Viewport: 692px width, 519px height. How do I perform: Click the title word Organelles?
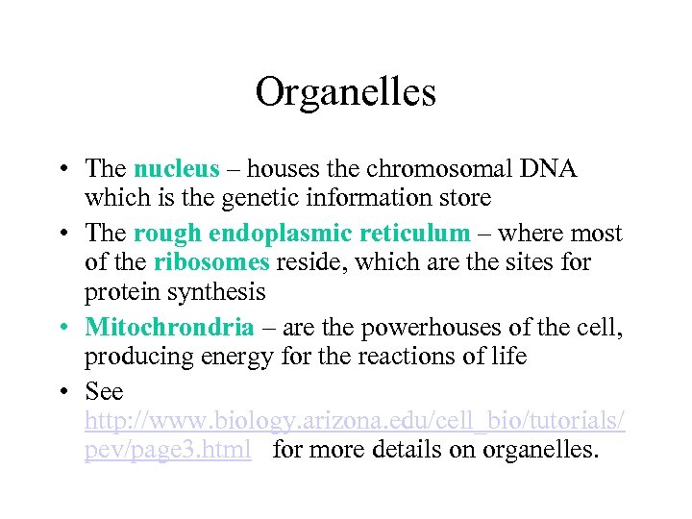tap(346, 92)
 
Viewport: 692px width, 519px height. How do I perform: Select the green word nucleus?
tap(177, 169)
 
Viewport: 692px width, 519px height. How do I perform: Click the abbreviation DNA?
tap(545, 169)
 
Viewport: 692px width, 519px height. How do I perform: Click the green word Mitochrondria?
tap(169, 328)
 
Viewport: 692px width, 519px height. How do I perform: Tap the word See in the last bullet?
tap(104, 391)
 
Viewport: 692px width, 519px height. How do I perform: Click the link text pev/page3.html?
tap(168, 449)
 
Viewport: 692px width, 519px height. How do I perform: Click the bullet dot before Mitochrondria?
tap(61, 328)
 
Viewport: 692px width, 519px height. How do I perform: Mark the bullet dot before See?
tap(61, 391)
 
